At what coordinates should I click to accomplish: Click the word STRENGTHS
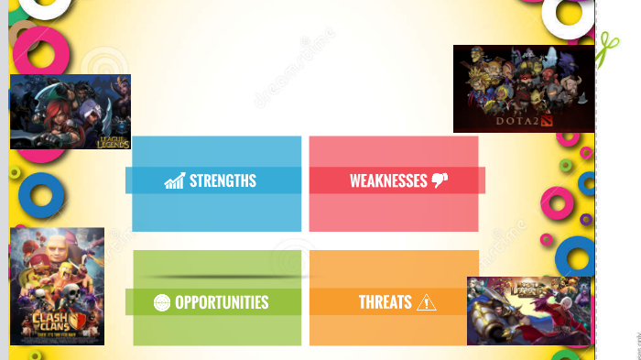pos(223,180)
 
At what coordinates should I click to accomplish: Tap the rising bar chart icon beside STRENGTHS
pos(174,180)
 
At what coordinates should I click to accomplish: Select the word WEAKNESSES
pos(388,180)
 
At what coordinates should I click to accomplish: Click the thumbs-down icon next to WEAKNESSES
pos(440,180)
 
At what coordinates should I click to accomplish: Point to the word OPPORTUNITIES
pos(222,302)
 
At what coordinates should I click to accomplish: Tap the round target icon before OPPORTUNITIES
pos(162,302)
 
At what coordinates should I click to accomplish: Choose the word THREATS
pos(385,302)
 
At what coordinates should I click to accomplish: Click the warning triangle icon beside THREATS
pos(427,302)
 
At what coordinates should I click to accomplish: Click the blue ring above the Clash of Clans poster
pos(41,194)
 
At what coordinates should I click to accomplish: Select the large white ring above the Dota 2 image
pos(569,15)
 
